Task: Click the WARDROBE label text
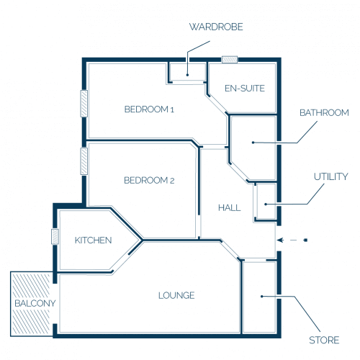pos(216,27)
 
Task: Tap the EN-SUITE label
pos(245,89)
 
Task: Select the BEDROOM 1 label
pos(149,109)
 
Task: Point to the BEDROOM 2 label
pos(149,180)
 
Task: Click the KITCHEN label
pos(93,240)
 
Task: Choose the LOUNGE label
pos(176,295)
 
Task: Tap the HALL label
pos(230,208)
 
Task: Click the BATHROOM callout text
pos(324,113)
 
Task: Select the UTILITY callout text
pos(331,176)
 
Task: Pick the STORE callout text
pos(324,341)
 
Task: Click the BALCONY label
pos(35,303)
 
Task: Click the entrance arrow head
pos(280,240)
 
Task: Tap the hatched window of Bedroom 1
pos(84,104)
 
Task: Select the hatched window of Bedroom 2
pos(84,161)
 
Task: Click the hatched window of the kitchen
pos(55,237)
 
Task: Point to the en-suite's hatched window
pos(230,59)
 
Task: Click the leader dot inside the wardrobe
pos(187,75)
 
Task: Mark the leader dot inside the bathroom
pos(253,143)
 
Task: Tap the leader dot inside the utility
pos(266,204)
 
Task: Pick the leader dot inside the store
pos(262,297)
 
